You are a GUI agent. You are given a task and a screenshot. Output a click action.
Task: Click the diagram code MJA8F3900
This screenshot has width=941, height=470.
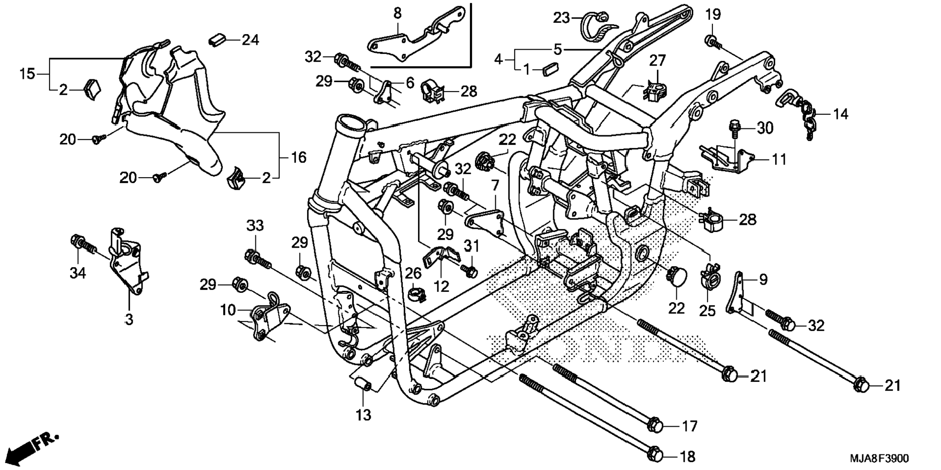pyautogui.click(x=879, y=458)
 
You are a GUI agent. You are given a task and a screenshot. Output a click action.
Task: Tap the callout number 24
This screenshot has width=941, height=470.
pyautogui.click(x=251, y=40)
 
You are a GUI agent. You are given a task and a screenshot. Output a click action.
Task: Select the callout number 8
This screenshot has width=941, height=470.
pyautogui.click(x=398, y=14)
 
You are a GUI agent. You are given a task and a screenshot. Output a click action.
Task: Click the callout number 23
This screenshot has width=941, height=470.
pyautogui.click(x=561, y=18)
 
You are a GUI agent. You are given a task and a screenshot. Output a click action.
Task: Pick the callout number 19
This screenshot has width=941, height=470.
pyautogui.click(x=713, y=15)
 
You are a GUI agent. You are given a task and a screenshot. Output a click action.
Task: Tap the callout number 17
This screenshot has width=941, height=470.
pyautogui.click(x=689, y=427)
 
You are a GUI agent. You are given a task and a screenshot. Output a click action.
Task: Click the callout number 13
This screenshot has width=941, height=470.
pyautogui.click(x=363, y=415)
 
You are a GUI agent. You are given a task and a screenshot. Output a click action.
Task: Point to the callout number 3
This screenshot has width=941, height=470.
pyautogui.click(x=129, y=320)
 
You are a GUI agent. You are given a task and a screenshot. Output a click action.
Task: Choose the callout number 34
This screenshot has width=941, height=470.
pyautogui.click(x=78, y=273)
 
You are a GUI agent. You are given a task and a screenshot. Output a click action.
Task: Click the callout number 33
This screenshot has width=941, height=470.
pyautogui.click(x=255, y=226)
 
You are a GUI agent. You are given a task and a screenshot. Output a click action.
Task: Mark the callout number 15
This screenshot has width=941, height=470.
pyautogui.click(x=28, y=74)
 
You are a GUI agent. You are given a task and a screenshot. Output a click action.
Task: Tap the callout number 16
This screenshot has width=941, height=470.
pyautogui.click(x=299, y=157)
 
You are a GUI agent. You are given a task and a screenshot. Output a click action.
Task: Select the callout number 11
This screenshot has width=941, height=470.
pyautogui.click(x=779, y=159)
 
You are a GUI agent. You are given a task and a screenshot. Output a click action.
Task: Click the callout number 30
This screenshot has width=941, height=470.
pyautogui.click(x=765, y=128)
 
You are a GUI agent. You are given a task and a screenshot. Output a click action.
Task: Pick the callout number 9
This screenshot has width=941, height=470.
pyautogui.click(x=763, y=279)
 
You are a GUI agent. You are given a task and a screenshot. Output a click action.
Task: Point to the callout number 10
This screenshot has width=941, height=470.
pyautogui.click(x=228, y=310)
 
